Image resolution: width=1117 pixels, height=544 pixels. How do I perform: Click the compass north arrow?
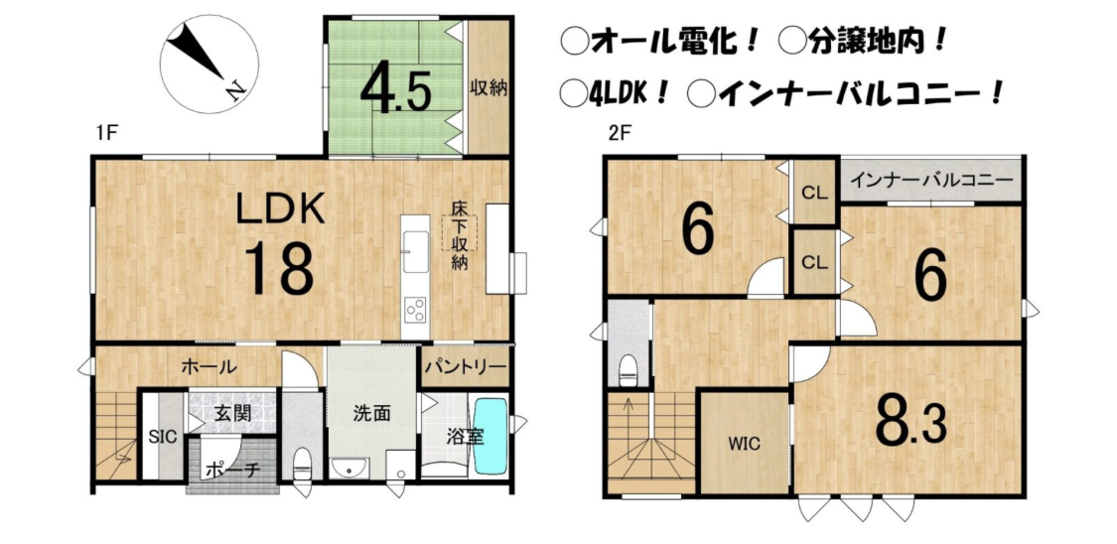[x=201, y=54]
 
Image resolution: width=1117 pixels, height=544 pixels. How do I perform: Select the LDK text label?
[x=280, y=210]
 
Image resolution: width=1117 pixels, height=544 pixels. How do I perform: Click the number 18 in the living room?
[x=280, y=268]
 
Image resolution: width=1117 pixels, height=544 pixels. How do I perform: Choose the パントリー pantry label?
[x=466, y=367]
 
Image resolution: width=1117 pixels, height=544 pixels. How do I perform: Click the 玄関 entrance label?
[x=230, y=412]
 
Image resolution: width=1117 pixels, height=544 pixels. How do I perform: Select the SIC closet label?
[x=163, y=437]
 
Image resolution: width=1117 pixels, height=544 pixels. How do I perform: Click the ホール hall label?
[x=209, y=367]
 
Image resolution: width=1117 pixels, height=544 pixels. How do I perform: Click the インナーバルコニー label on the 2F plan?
[x=931, y=178]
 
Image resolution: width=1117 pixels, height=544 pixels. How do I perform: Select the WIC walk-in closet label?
[x=744, y=444]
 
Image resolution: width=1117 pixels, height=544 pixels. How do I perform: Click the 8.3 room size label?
[x=911, y=424]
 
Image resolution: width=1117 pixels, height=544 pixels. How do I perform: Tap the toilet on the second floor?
[x=628, y=369]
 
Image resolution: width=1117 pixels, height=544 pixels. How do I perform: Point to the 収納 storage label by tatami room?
[x=488, y=88]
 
